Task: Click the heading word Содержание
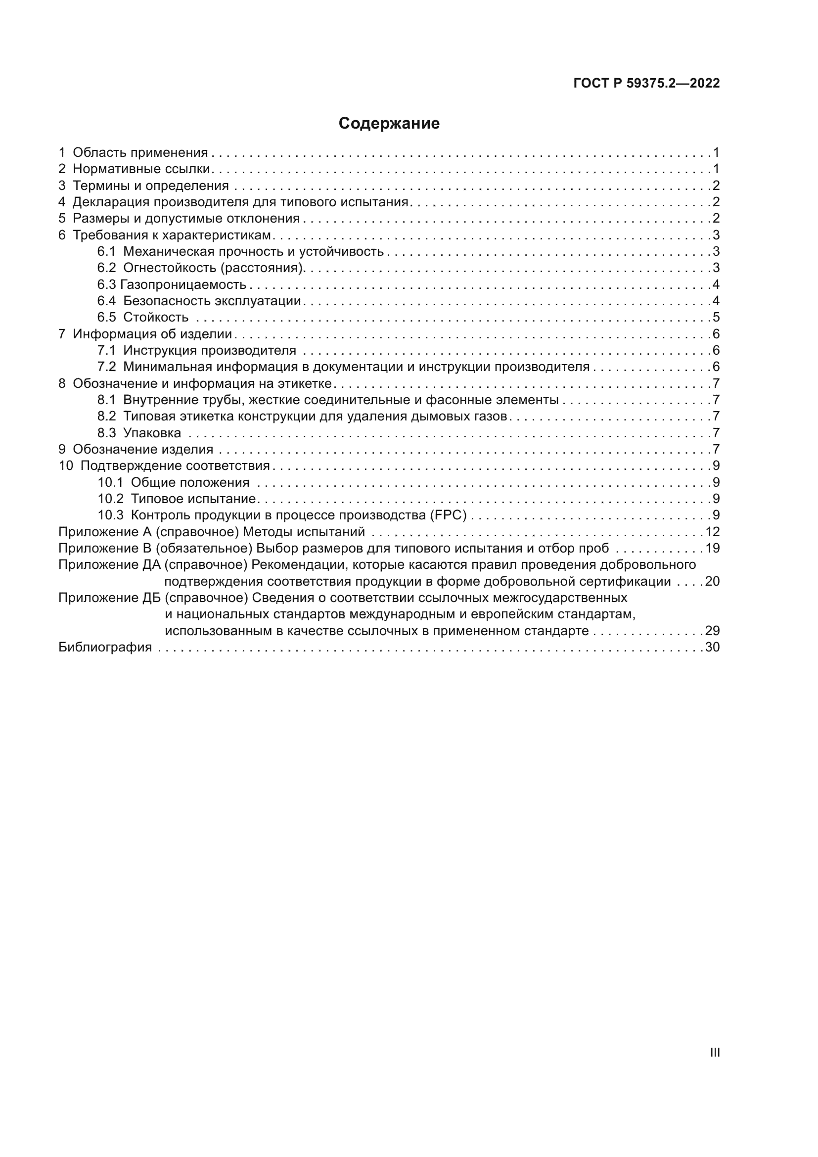[389, 124]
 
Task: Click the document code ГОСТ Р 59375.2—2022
[646, 84]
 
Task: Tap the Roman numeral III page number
[714, 1053]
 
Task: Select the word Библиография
[105, 648]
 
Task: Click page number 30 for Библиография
[712, 648]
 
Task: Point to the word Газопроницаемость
[183, 285]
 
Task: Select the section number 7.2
[106, 367]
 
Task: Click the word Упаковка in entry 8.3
[152, 433]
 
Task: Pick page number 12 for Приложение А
[712, 532]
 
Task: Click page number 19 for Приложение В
[712, 548]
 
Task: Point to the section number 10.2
[110, 499]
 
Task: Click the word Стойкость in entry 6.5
[156, 318]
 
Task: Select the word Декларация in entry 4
[111, 203]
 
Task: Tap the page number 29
[712, 631]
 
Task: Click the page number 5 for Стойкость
[716, 318]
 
